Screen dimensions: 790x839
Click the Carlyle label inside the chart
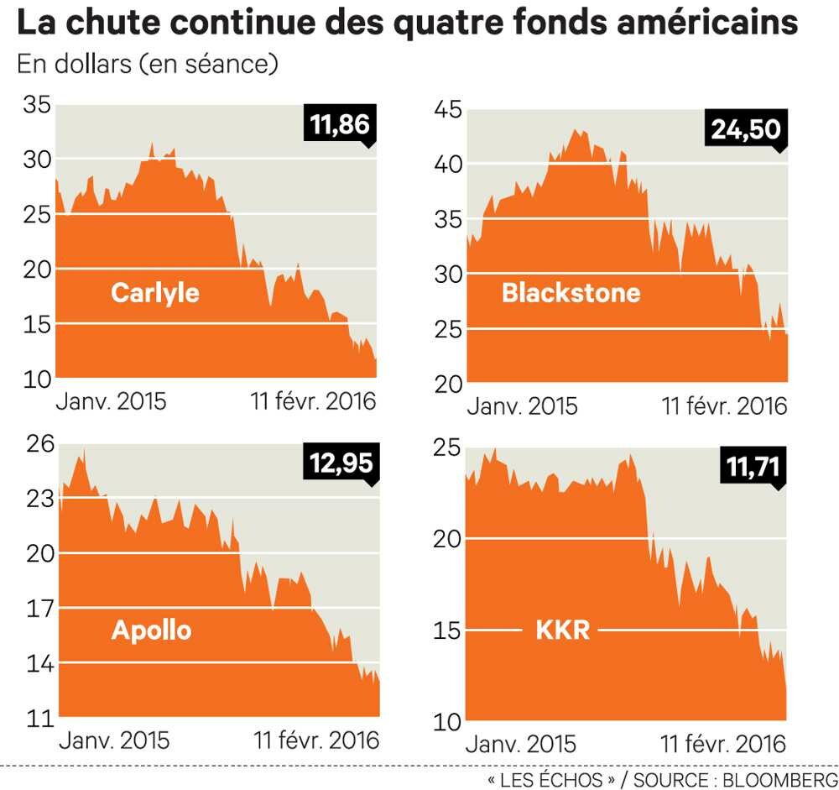[x=155, y=293]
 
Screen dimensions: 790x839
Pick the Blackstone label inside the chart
[x=571, y=293]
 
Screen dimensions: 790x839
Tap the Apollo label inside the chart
[x=151, y=630]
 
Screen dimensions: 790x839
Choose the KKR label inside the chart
[x=562, y=630]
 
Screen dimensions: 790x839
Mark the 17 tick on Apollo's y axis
[x=39, y=608]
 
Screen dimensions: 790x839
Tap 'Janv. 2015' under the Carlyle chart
[x=111, y=401]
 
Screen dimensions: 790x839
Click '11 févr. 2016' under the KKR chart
[x=724, y=743]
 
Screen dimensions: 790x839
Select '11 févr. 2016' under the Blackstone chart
[x=725, y=406]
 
